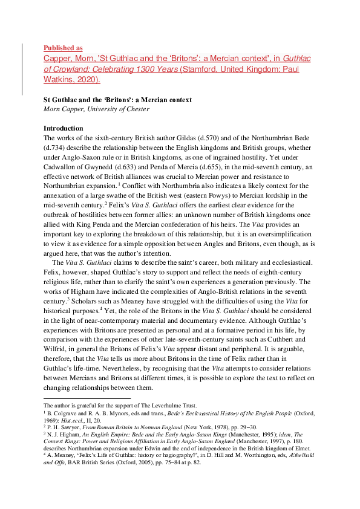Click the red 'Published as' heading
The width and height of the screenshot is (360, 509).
click(x=63, y=48)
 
